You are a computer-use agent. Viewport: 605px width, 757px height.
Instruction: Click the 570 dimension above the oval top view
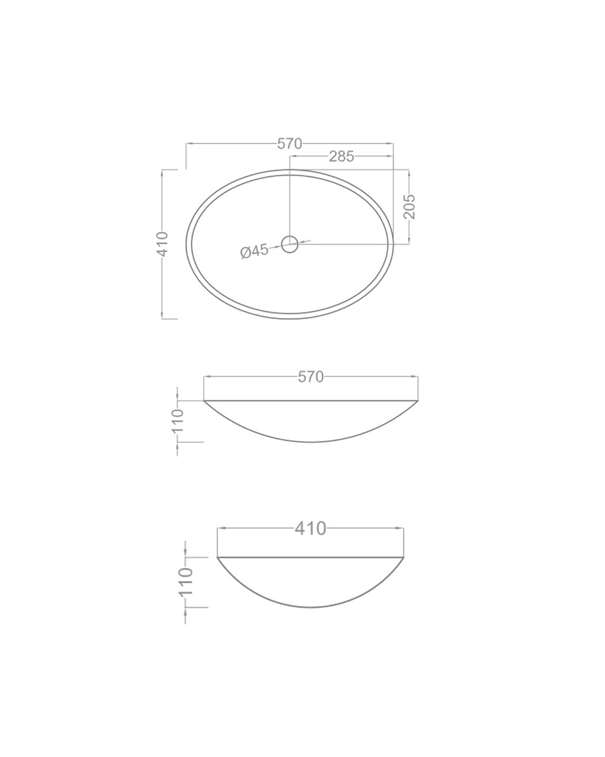289,144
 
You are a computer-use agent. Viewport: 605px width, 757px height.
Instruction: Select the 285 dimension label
341,156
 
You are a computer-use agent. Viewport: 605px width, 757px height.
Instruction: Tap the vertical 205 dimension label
409,207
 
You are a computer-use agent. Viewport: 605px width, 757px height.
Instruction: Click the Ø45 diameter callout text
254,251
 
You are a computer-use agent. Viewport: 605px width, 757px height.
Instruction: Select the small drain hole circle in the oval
290,244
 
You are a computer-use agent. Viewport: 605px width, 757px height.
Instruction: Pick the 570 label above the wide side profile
311,377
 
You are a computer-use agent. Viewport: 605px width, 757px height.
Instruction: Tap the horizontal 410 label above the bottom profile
310,529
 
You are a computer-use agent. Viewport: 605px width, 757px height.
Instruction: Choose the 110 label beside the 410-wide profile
186,582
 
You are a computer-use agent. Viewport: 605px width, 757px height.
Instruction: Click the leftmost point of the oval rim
186,244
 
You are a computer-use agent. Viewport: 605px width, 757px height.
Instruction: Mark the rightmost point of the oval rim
393,244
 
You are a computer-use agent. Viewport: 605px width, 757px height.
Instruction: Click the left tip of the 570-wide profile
204,400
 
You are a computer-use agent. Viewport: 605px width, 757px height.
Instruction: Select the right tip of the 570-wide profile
419,400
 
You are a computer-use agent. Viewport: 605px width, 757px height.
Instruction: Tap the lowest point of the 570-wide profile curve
311,442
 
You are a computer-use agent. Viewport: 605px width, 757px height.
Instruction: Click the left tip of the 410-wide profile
217,557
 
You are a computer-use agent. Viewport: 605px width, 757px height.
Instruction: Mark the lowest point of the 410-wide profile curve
310,607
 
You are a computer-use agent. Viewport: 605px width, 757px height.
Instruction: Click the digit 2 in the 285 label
333,156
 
